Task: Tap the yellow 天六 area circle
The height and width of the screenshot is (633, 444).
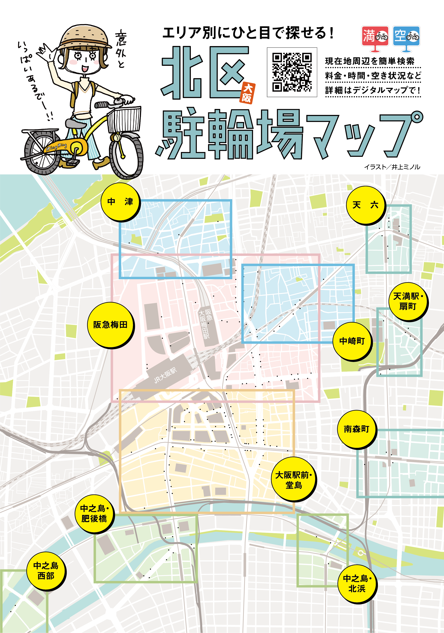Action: [365, 205]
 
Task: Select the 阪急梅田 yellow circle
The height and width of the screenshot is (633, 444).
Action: [110, 325]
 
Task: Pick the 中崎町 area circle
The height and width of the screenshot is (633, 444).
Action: [352, 341]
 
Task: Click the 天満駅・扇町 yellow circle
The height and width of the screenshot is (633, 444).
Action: [408, 301]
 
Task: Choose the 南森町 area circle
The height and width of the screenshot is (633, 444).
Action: [356, 429]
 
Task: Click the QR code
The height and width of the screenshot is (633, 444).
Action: [292, 72]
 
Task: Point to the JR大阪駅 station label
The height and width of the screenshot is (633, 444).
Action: [165, 376]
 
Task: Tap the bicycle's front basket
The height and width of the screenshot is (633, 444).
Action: [124, 119]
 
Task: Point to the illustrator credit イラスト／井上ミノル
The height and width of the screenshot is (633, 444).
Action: [392, 167]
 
